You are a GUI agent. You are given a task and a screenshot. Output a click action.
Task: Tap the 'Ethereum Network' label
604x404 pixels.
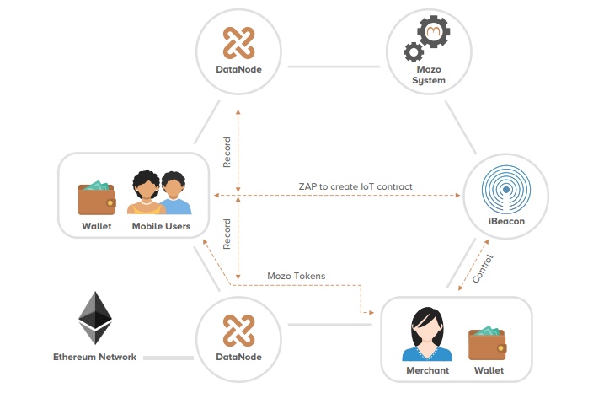(94, 357)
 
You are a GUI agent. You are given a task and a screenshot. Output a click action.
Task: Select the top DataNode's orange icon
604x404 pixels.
(238, 42)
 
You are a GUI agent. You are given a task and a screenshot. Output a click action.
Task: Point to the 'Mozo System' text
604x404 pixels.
(428, 74)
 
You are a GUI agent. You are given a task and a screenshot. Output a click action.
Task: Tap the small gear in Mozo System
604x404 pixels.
(413, 52)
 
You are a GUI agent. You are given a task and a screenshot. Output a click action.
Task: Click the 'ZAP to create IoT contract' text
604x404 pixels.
(355, 186)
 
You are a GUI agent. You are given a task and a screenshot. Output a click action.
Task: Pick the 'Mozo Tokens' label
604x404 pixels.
(296, 275)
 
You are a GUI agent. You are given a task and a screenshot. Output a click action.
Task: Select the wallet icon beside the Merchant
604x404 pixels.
(489, 342)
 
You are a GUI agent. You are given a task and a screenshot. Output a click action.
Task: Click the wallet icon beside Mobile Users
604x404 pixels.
(97, 197)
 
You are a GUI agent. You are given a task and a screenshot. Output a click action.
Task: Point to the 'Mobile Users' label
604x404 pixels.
(161, 226)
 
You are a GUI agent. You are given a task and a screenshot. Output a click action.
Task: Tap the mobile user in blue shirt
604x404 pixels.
(175, 196)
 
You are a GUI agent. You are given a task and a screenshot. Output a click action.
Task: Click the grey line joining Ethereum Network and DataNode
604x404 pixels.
(168, 358)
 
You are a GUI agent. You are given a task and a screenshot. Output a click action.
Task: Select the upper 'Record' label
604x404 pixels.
(227, 152)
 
